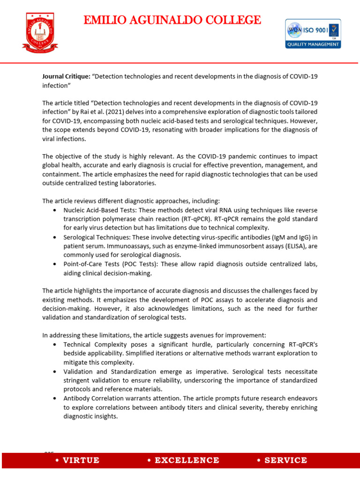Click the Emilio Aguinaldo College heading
tap(172, 20)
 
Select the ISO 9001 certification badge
tap(313, 33)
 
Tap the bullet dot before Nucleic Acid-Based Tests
tap(56, 210)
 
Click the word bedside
tap(74, 353)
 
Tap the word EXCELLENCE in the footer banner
tap(183, 460)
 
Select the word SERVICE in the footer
tap(285, 460)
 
